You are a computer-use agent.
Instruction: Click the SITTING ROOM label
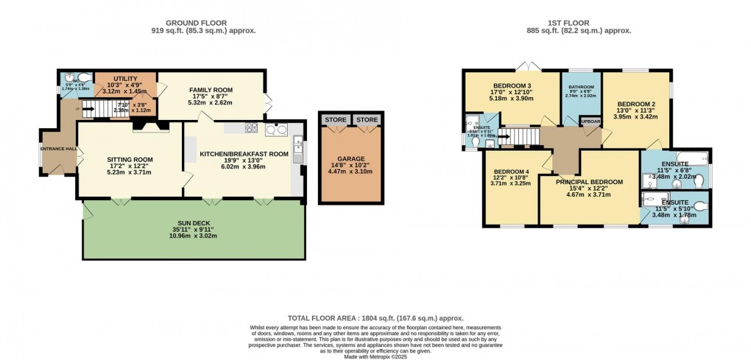[x=129, y=158]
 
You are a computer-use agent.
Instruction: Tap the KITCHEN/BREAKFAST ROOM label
[x=244, y=154]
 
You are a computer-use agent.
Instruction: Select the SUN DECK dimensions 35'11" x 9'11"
[x=194, y=230]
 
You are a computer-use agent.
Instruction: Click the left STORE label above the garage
[x=335, y=119]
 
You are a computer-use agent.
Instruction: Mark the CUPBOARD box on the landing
[x=590, y=121]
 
